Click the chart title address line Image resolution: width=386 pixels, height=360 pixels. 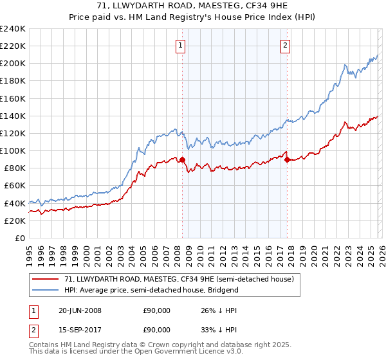(193, 6)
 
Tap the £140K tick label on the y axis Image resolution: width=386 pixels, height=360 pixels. (13, 116)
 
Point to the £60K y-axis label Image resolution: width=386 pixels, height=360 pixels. (14, 186)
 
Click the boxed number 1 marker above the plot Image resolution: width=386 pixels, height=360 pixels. (180, 45)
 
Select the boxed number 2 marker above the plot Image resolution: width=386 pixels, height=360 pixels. (285, 45)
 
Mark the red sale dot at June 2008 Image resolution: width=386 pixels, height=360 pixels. (182, 159)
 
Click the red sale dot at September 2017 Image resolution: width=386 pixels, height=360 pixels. (287, 159)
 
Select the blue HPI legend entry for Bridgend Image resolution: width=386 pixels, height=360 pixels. (151, 290)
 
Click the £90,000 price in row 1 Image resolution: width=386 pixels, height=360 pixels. (152, 310)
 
